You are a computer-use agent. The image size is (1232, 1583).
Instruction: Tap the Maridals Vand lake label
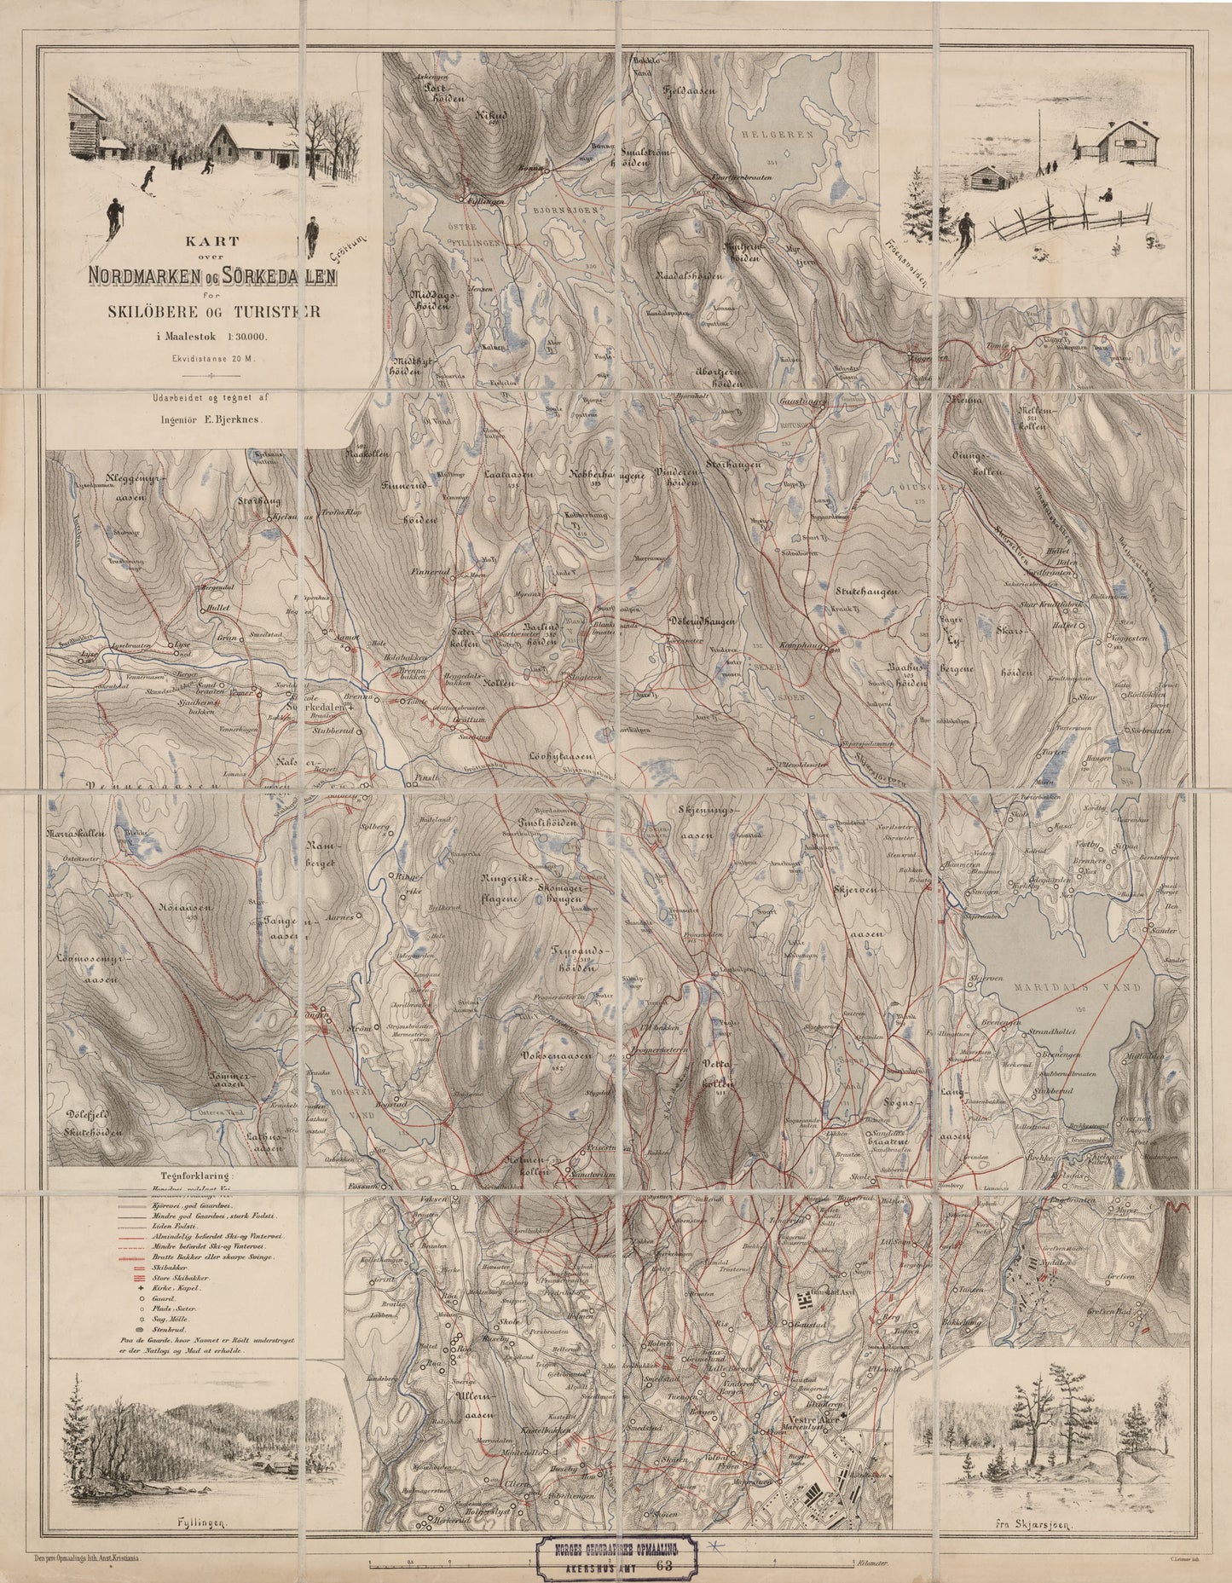(1059, 986)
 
